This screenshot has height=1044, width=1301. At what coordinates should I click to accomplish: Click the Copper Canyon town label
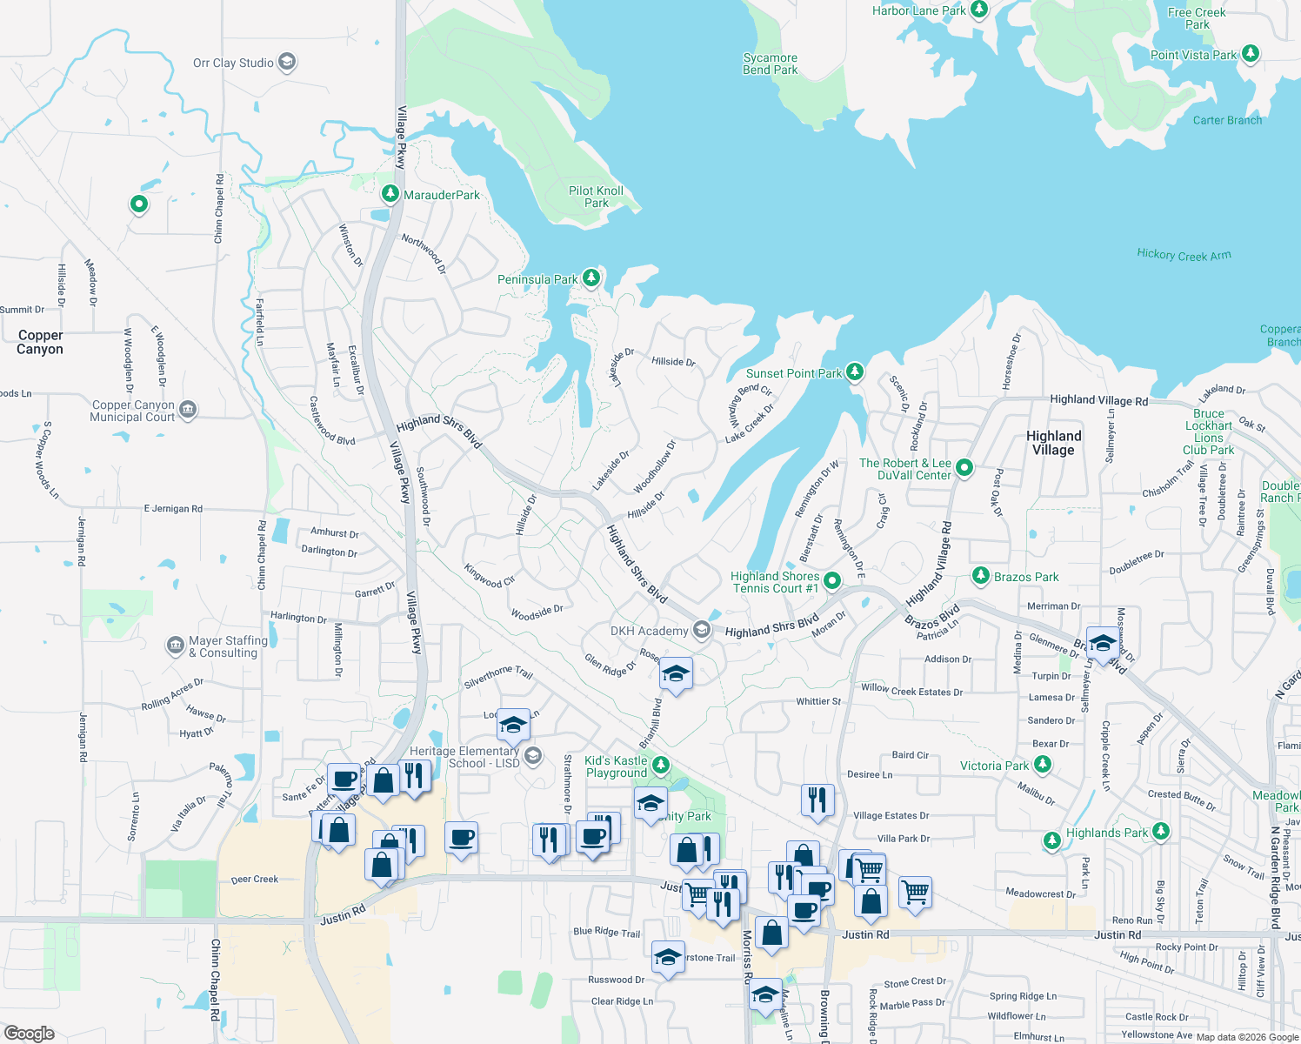pyautogui.click(x=40, y=342)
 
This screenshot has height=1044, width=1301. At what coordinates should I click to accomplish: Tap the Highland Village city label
pyautogui.click(x=1053, y=443)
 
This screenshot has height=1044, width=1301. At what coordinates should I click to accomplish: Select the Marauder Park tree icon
pyautogui.click(x=390, y=194)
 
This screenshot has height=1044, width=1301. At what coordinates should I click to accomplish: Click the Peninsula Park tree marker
pyautogui.click(x=591, y=278)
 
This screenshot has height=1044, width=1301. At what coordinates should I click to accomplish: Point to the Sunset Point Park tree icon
pyautogui.click(x=855, y=372)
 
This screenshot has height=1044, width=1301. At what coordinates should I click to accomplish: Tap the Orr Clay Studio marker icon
pyautogui.click(x=287, y=63)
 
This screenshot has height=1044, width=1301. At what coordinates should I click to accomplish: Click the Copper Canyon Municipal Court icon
pyautogui.click(x=188, y=409)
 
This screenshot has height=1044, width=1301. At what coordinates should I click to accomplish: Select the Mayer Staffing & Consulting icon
pyautogui.click(x=175, y=646)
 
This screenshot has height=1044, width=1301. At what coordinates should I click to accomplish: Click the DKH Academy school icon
pyautogui.click(x=702, y=631)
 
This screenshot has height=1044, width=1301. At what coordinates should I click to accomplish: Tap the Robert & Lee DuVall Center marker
pyautogui.click(x=964, y=468)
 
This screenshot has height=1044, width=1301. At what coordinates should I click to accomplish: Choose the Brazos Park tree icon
pyautogui.click(x=981, y=576)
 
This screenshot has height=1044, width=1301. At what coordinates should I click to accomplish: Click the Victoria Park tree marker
pyautogui.click(x=1043, y=765)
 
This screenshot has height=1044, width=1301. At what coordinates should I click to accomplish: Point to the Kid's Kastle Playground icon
pyautogui.click(x=661, y=766)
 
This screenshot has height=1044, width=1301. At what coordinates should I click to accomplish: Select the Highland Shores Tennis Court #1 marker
pyautogui.click(x=832, y=580)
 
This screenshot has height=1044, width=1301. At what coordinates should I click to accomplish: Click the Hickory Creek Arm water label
pyautogui.click(x=1184, y=254)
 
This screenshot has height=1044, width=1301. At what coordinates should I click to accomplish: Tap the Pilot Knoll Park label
pyautogui.click(x=596, y=197)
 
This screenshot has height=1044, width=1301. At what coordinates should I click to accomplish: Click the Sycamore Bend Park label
pyautogui.click(x=770, y=64)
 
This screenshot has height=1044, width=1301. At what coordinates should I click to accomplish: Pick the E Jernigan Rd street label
pyautogui.click(x=173, y=508)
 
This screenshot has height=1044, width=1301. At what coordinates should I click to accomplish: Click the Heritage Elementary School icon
pyautogui.click(x=533, y=756)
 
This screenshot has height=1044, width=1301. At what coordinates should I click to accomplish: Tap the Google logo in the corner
pyautogui.click(x=29, y=1034)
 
